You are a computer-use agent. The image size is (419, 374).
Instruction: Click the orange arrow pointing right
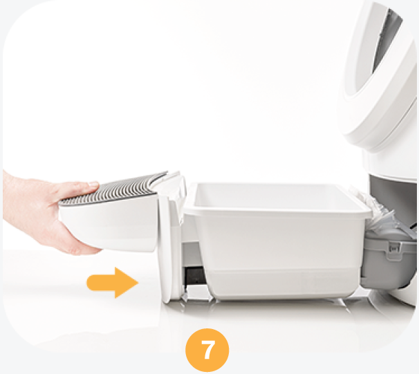tap(112, 282)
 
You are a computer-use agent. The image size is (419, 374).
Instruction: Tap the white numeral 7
tap(207, 350)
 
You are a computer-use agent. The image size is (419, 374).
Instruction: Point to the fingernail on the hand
tap(93, 184)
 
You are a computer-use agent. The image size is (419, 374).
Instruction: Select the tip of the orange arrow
tap(138, 282)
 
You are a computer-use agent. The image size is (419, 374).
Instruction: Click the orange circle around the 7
tap(207, 350)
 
